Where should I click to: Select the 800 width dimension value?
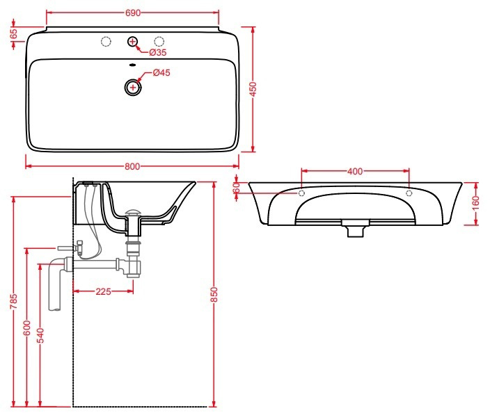click(132, 166)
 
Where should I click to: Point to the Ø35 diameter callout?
click(158, 52)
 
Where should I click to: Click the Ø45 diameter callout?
click(162, 72)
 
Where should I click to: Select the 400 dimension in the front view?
click(354, 171)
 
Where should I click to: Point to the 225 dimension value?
click(103, 291)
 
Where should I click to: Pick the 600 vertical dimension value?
click(27, 327)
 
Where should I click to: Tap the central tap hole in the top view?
click(132, 42)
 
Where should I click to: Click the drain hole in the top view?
click(132, 88)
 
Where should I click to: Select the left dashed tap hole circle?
click(106, 41)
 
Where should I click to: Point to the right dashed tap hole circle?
click(159, 41)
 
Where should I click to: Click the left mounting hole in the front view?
click(301, 192)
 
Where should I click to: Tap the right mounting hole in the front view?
click(409, 192)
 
